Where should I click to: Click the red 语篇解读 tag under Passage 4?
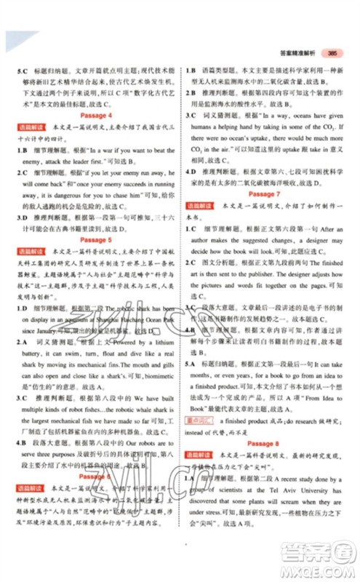click(x=26, y=128)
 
